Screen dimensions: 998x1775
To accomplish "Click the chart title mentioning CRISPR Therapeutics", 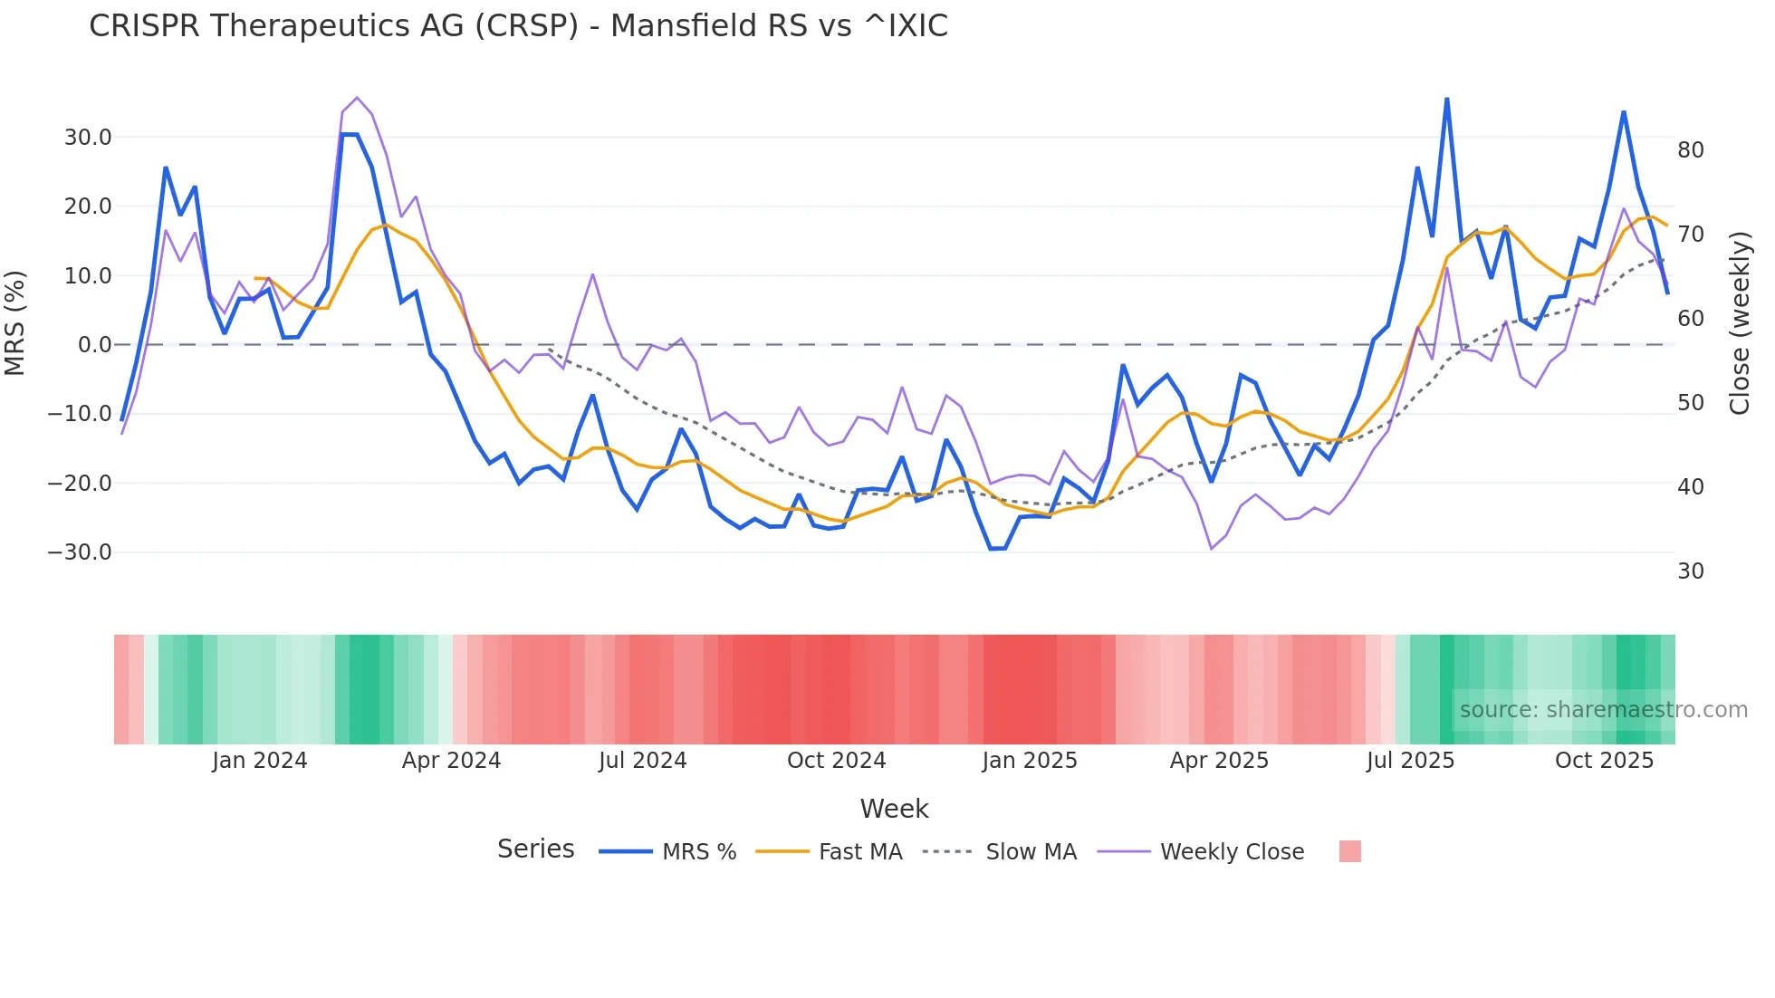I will click(x=518, y=26).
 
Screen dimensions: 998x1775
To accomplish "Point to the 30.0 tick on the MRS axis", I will click(x=87, y=138).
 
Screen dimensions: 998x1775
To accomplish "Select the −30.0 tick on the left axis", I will click(x=80, y=552).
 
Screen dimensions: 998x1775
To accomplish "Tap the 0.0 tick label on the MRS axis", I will click(x=94, y=345).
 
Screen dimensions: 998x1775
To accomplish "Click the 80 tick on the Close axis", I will click(x=1690, y=150).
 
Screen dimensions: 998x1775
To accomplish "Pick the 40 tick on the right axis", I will click(x=1690, y=487).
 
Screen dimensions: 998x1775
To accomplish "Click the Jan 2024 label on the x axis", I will click(x=260, y=761).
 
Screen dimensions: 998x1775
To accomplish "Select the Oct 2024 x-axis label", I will click(x=836, y=761).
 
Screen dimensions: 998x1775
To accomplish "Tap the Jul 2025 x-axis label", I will click(x=1410, y=761).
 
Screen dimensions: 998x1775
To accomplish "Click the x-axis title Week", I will click(x=894, y=809).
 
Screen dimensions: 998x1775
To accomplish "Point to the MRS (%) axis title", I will click(x=15, y=322).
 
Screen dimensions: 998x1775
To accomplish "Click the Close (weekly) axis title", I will click(x=1739, y=323).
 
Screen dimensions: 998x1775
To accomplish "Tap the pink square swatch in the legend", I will click(x=1349, y=851).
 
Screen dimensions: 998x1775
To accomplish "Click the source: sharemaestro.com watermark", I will click(x=1603, y=710).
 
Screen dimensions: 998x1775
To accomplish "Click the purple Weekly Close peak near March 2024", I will click(x=357, y=97).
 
